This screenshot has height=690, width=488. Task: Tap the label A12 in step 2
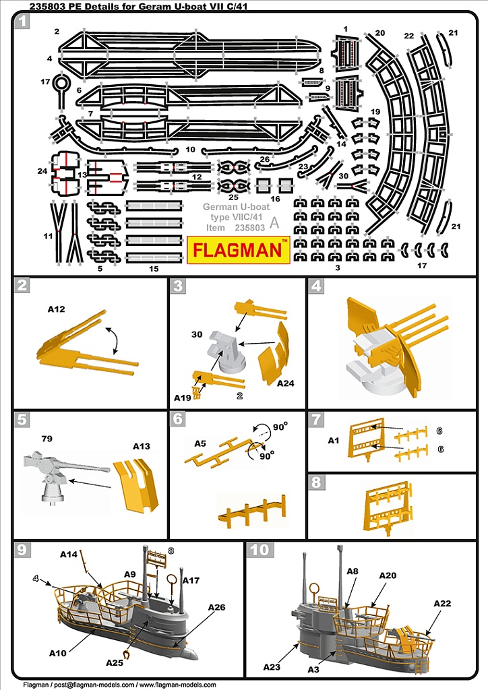pyautogui.click(x=56, y=309)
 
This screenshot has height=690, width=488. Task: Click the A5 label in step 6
pyautogui.click(x=200, y=444)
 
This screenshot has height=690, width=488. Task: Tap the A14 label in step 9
pyautogui.click(x=69, y=554)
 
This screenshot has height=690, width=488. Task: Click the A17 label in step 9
pyautogui.click(x=191, y=580)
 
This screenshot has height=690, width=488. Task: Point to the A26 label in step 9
pyautogui.click(x=216, y=608)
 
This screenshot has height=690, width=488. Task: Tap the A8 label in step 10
pyautogui.click(x=353, y=571)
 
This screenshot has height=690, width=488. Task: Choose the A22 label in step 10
pyautogui.click(x=442, y=603)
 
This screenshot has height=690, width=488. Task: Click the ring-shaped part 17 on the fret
pyautogui.click(x=61, y=85)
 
